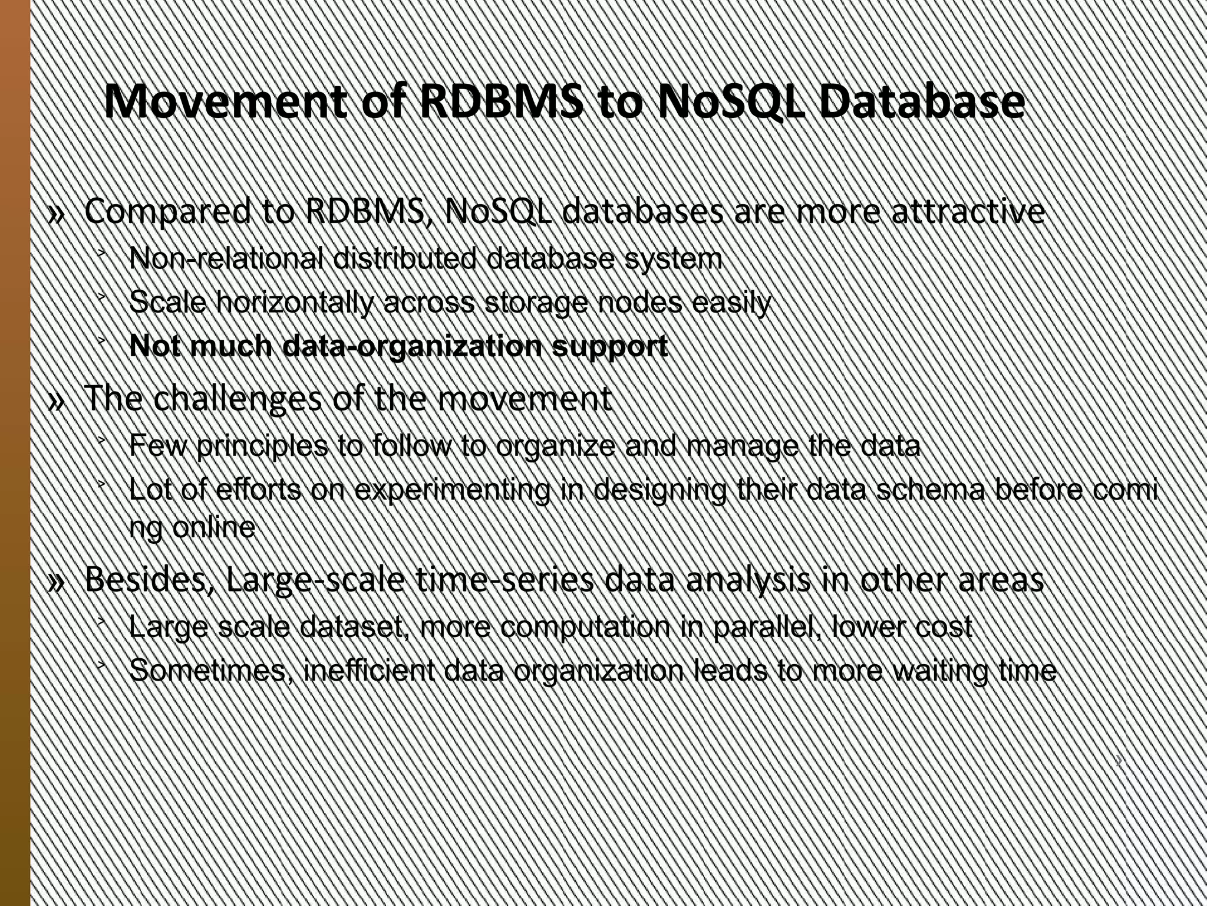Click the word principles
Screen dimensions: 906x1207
(x=262, y=446)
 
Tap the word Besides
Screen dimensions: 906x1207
(x=150, y=580)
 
